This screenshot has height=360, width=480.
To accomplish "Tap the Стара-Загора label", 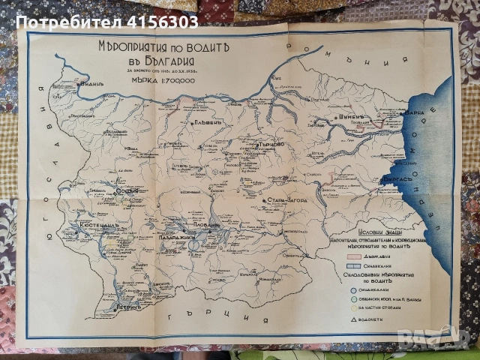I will coord(286,200).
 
